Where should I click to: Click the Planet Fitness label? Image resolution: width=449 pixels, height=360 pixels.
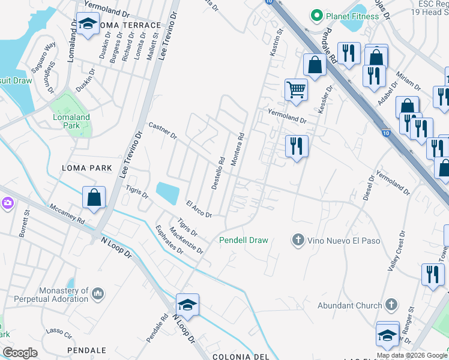(352, 16)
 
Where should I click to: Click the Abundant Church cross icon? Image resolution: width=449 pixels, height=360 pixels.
(391, 305)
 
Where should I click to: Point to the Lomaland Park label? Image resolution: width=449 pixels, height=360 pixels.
(71, 122)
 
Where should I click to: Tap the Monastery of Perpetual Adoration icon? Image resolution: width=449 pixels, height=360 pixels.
(98, 294)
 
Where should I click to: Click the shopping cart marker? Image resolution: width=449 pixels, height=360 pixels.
(296, 89)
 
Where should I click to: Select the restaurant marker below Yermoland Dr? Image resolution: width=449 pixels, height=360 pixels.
(296, 146)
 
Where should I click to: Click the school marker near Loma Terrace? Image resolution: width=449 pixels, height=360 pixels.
(88, 25)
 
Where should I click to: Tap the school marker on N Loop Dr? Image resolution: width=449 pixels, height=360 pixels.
(187, 305)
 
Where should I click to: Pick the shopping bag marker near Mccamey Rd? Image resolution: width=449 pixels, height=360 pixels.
(94, 197)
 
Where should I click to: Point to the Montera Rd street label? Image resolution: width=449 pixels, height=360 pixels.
(237, 149)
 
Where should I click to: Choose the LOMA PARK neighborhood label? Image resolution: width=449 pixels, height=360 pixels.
(87, 168)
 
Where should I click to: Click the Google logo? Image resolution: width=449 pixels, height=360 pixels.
(20, 353)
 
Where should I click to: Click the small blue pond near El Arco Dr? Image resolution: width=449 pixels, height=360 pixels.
(167, 193)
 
